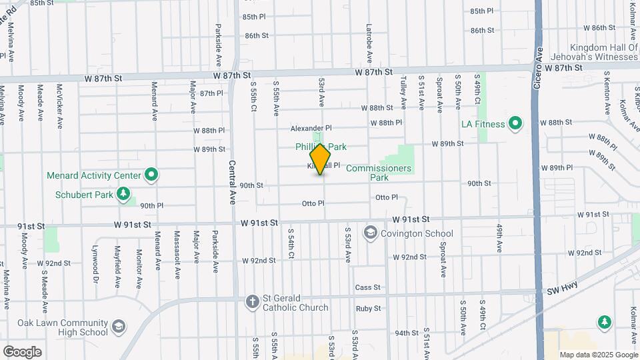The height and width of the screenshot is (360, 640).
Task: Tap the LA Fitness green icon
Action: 515,124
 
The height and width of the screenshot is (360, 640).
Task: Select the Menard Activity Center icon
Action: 151,175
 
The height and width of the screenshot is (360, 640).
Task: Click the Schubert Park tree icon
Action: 123,194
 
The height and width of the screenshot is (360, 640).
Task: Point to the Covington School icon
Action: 369,233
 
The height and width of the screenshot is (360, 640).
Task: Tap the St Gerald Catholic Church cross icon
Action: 252,302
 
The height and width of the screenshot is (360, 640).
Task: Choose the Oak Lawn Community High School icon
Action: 118,327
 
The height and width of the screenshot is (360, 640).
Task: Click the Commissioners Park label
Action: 379,173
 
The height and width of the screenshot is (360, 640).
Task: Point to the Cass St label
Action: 367,287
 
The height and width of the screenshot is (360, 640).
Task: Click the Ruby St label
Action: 368,309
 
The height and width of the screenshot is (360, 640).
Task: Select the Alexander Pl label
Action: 311,128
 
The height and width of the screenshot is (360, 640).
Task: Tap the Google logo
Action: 22,351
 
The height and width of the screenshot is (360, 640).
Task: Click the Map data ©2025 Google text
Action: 598,355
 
